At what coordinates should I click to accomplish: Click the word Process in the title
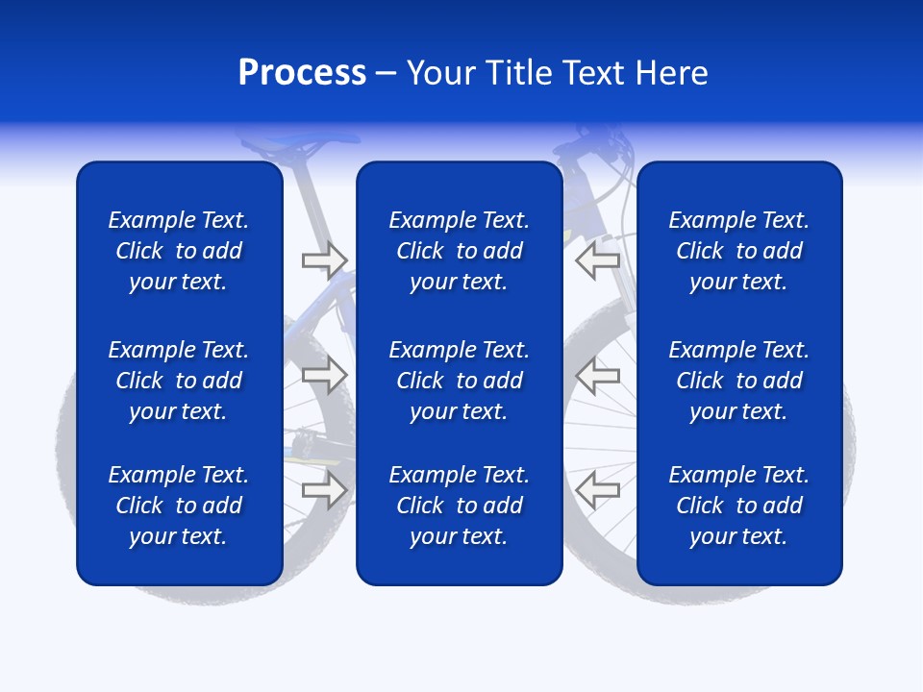[302, 73]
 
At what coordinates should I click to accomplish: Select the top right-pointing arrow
[324, 259]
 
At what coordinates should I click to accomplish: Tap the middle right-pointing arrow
[324, 375]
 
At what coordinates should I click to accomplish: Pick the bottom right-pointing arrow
[324, 489]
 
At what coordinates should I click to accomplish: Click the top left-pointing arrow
[598, 259]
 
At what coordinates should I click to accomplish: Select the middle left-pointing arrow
[598, 375]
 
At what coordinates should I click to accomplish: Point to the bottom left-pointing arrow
[598, 489]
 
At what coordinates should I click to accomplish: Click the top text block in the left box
[179, 251]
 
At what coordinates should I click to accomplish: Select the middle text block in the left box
[179, 381]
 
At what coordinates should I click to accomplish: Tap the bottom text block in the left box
[179, 506]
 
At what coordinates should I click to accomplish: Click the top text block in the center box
[459, 251]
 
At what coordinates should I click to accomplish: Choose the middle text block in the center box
[459, 381]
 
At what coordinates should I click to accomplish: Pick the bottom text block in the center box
[459, 506]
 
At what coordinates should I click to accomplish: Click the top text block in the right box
[739, 251]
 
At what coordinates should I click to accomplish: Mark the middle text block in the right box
[739, 381]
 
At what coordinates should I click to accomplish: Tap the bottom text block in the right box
[739, 506]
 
